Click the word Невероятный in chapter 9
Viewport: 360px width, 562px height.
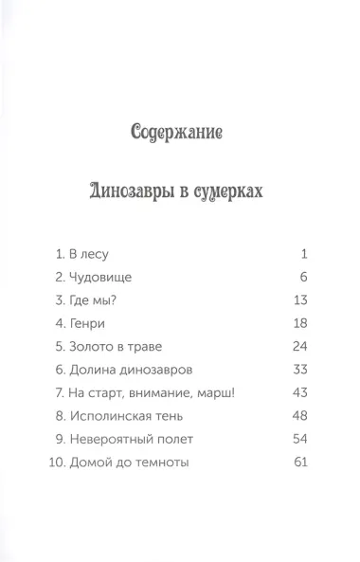(x=114, y=439)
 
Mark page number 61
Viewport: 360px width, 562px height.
(x=302, y=462)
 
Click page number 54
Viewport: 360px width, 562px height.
(x=302, y=439)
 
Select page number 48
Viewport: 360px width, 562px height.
(x=302, y=415)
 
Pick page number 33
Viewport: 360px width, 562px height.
(x=302, y=370)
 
